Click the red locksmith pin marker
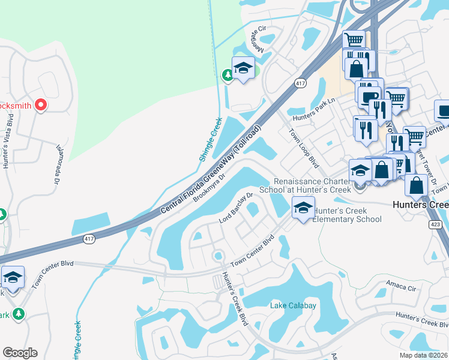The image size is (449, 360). (x=41, y=106)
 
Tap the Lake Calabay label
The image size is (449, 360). (x=293, y=306)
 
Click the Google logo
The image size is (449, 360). (x=20, y=353)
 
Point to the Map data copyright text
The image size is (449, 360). (x=423, y=355)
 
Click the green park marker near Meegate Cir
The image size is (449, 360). (x=228, y=75)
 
